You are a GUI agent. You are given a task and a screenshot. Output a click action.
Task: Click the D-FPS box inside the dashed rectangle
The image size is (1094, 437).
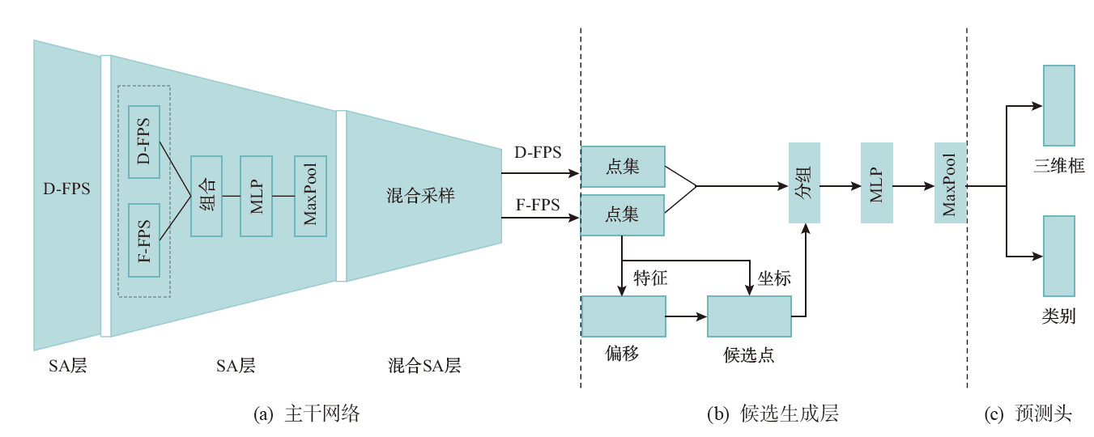click(x=144, y=142)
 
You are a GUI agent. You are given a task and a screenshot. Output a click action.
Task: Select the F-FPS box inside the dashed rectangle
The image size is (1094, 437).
click(x=144, y=240)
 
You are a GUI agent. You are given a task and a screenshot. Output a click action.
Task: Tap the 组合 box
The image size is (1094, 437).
click(x=206, y=196)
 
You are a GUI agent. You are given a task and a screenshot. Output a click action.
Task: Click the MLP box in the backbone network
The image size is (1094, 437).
click(x=257, y=196)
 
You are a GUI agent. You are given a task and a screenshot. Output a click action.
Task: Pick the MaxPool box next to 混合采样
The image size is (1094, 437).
click(x=310, y=196)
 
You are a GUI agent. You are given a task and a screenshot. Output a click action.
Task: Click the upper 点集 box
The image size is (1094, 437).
click(x=623, y=167)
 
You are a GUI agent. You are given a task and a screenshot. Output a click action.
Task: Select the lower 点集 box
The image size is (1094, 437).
click(x=623, y=214)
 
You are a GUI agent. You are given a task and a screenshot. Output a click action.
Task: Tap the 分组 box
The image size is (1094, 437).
click(x=805, y=182)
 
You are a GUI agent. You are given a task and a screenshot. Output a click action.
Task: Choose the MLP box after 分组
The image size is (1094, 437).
click(x=876, y=183)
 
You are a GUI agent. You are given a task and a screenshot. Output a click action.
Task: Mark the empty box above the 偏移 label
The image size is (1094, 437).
click(x=623, y=316)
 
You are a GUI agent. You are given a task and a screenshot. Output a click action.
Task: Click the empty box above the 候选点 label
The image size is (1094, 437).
click(x=749, y=316)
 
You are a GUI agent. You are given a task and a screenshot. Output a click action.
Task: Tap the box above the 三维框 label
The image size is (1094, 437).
click(x=1058, y=105)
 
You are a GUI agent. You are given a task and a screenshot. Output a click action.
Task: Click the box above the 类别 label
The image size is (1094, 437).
click(x=1058, y=256)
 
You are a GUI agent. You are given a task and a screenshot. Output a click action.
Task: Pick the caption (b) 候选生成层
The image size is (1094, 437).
click(x=773, y=414)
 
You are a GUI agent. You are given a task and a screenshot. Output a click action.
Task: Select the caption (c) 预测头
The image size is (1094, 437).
click(x=1028, y=414)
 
